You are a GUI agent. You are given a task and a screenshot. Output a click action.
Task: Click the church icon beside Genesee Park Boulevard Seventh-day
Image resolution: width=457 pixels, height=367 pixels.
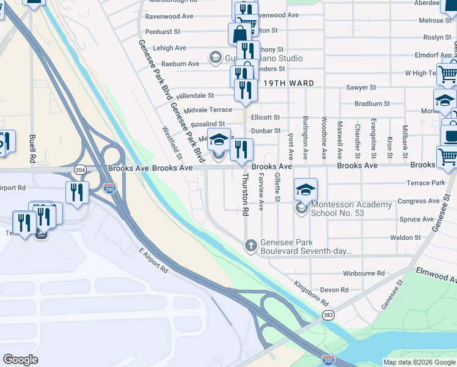pyautogui.click(x=250, y=246)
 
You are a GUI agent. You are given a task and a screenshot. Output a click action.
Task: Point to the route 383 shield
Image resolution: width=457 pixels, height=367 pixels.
pyautogui.click(x=329, y=314)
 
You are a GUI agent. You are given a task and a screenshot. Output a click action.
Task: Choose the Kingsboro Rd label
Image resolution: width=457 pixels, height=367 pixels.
pyautogui.click(x=311, y=294)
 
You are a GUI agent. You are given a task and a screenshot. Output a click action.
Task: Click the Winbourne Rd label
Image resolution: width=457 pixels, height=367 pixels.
pyautogui.click(x=364, y=273)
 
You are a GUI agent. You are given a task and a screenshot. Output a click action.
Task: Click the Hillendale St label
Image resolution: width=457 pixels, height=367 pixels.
pyautogui.click(x=195, y=95)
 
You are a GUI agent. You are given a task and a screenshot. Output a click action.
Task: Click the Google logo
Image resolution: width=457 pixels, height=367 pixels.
pyautogui.click(x=20, y=359)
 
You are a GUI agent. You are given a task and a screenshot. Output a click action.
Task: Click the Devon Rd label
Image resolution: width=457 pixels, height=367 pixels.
pyautogui.click(x=334, y=289)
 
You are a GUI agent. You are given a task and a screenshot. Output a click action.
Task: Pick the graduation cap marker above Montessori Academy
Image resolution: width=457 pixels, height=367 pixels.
pyautogui.click(x=305, y=189)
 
